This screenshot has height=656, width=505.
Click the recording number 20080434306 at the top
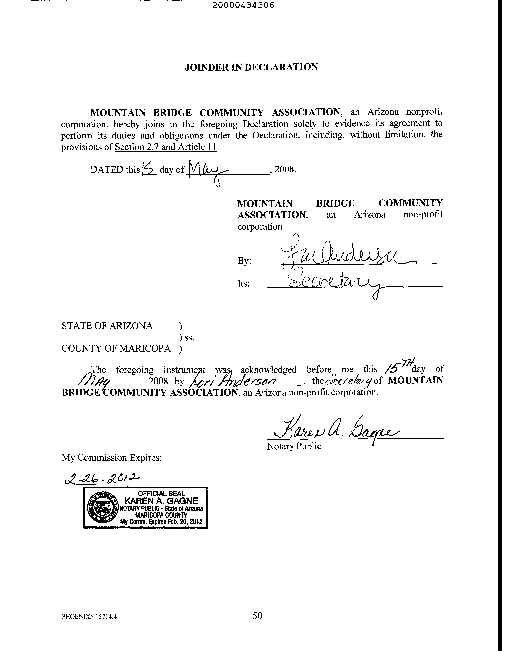243,5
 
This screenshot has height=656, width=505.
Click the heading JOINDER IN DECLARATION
251,67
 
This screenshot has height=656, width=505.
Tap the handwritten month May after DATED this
207,171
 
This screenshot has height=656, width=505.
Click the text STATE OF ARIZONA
107,326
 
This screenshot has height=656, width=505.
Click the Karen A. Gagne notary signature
336,431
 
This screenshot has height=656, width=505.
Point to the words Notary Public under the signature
294,446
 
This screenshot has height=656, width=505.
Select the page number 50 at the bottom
257,616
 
